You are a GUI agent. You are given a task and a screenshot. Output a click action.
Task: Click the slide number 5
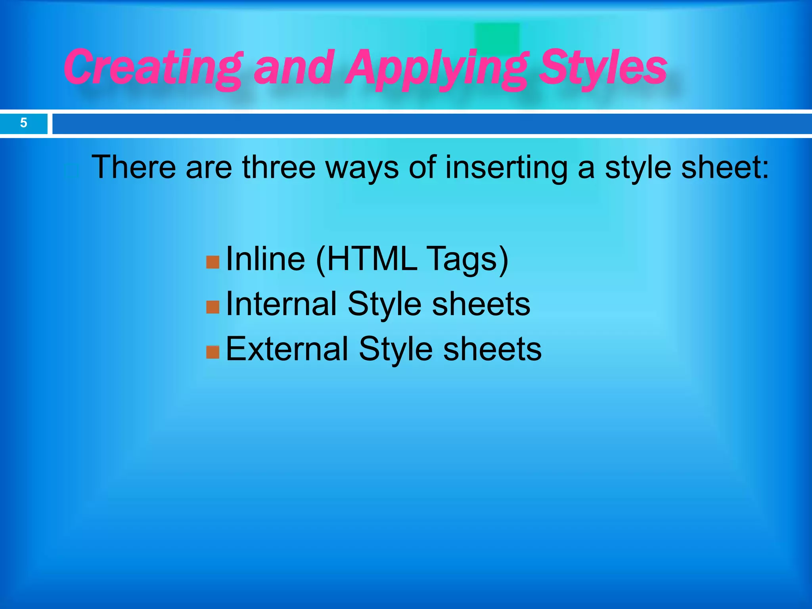[x=23, y=123]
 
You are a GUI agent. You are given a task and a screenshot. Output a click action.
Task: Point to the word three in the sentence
[x=279, y=167]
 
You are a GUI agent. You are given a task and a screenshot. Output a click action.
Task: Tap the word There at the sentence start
[x=134, y=167]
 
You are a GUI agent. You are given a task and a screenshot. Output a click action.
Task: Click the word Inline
[x=265, y=259]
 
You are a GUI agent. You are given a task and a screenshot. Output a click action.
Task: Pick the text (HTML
[x=367, y=259]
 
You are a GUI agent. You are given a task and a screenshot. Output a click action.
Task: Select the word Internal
[x=281, y=304]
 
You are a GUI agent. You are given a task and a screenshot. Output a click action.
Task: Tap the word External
[x=287, y=349]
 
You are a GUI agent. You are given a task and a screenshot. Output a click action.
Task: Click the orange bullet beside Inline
[x=213, y=262]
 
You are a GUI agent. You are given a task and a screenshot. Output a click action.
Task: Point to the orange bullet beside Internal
[x=213, y=307]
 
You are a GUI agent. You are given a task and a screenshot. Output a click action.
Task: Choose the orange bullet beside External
[x=213, y=352]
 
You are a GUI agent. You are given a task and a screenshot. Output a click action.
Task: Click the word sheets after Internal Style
[x=481, y=304]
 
